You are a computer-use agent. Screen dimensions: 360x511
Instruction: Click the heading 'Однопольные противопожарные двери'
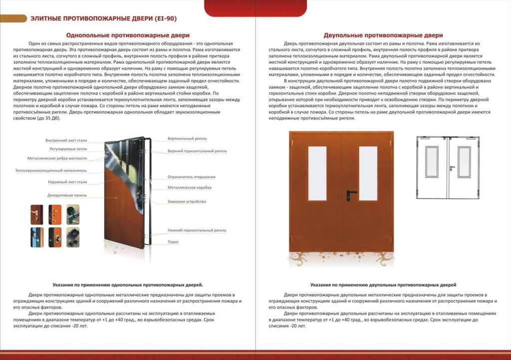128,35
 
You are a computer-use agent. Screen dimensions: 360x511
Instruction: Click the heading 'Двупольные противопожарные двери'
383,35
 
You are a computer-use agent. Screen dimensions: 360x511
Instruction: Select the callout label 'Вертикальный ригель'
187,139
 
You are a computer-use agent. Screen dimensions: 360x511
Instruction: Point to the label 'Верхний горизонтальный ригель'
197,151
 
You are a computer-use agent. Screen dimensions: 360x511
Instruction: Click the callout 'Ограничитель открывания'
192,177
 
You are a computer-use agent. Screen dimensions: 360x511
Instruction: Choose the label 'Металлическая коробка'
190,187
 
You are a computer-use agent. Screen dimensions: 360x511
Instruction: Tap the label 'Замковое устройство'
187,201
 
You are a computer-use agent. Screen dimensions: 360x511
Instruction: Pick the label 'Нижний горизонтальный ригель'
197,230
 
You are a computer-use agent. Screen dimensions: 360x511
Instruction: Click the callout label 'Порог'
173,242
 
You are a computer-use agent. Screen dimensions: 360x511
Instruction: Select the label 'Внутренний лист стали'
66,140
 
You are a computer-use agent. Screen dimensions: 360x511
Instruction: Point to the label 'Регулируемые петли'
68,149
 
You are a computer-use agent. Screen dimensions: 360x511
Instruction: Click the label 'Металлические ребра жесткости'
57,158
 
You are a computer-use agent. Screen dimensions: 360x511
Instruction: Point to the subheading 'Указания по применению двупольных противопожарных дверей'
383,285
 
